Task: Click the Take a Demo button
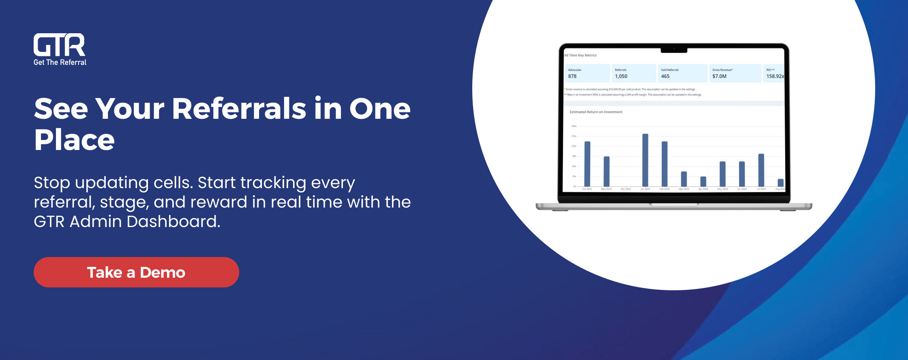click(136, 272)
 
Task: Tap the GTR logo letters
click(59, 45)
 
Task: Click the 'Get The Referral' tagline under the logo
click(60, 62)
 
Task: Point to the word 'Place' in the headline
click(75, 140)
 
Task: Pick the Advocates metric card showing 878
click(587, 73)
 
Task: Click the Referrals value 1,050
click(621, 76)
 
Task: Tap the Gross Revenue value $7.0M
click(720, 76)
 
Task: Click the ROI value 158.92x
click(775, 76)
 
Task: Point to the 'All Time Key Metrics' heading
click(580, 56)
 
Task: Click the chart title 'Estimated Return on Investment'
click(596, 112)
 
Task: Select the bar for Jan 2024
click(645, 160)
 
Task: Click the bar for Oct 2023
click(587, 164)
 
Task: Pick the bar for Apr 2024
click(703, 182)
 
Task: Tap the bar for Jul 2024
click(761, 170)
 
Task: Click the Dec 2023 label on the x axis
click(626, 189)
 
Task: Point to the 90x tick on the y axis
click(574, 156)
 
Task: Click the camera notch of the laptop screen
click(674, 50)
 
